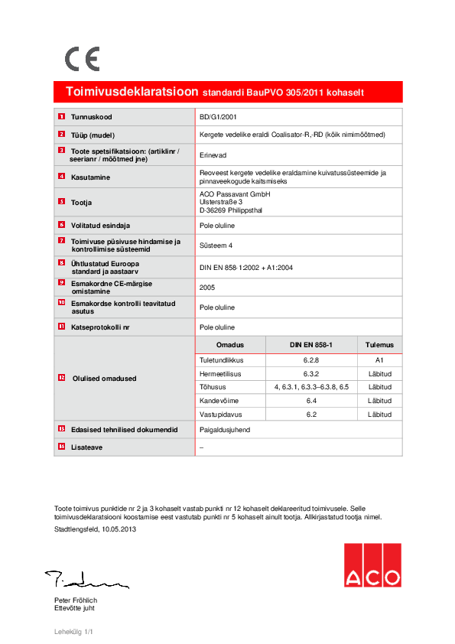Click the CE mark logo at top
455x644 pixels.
pyautogui.click(x=82, y=59)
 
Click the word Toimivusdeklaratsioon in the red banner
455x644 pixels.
pyautogui.click(x=132, y=92)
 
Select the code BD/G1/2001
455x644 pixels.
pyautogui.click(x=217, y=117)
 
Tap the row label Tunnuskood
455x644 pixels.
pyautogui.click(x=92, y=117)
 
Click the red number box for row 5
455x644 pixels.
pyautogui.click(x=61, y=202)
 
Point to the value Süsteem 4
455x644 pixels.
pyautogui.click(x=216, y=245)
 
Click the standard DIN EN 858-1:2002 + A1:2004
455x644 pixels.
pyautogui.click(x=246, y=267)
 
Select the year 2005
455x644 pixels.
pyautogui.click(x=207, y=288)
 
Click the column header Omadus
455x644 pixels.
pyautogui.click(x=229, y=345)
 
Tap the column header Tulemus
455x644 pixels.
pyautogui.click(x=379, y=345)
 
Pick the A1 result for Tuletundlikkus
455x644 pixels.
pyautogui.click(x=379, y=359)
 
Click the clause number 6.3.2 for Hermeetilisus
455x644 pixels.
pyautogui.click(x=310, y=373)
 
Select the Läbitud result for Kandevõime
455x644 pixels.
pyautogui.click(x=379, y=401)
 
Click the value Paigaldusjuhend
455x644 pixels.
pyautogui.click(x=224, y=430)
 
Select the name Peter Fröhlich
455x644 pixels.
pyautogui.click(x=76, y=601)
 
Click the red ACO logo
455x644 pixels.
pyautogui.click(x=372, y=566)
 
